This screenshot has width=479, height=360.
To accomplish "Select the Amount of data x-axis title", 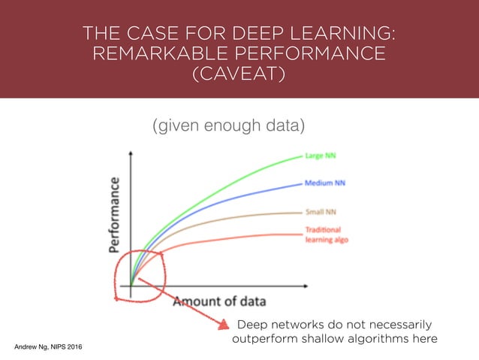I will (220, 301).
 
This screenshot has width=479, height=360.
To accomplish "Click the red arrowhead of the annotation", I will (221, 325).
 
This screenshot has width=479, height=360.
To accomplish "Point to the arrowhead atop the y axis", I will (131, 150).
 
